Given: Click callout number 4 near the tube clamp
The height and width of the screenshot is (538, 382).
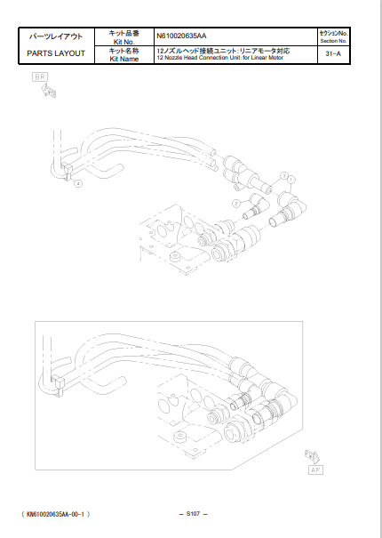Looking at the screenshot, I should (78, 184).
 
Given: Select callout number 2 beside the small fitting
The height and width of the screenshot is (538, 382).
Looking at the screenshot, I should (236, 204).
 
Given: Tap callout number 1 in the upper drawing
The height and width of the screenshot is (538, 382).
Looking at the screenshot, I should (290, 181).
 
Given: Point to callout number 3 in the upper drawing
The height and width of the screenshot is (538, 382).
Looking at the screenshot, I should (283, 175).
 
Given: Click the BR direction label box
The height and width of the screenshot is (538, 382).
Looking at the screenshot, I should (40, 78).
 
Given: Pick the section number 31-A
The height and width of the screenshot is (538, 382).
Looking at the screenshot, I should (335, 54).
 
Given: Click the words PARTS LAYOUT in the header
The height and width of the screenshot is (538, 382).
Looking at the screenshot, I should (57, 54).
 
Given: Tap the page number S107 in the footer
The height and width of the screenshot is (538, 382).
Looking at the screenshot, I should (192, 514).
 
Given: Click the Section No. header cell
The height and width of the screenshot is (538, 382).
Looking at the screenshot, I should (335, 36).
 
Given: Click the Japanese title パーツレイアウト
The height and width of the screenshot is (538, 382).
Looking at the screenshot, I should (57, 36).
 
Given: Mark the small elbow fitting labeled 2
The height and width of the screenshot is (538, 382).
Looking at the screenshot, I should (254, 205).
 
